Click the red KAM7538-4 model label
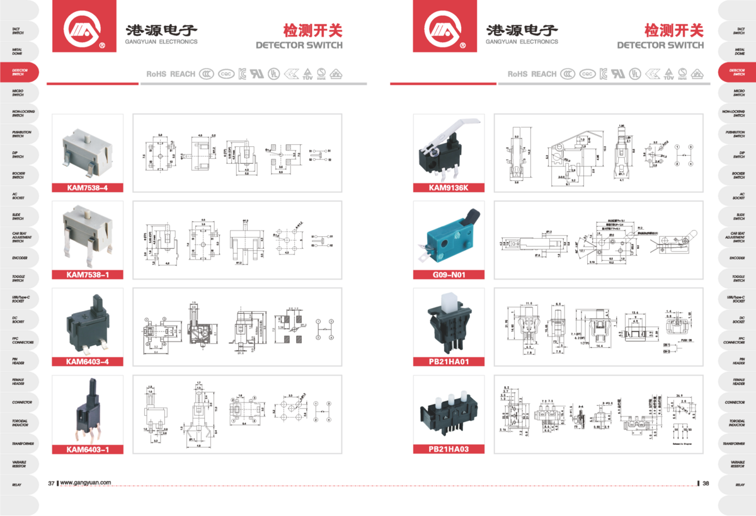88,187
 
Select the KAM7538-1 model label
88,274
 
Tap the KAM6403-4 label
88,362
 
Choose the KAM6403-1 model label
88,449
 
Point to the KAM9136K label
449,187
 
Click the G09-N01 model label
449,275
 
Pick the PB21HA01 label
449,362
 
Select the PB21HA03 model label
449,449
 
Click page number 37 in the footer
52,483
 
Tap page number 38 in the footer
706,483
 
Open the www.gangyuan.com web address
86,483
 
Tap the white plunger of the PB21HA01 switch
449,304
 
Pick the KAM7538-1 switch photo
88,233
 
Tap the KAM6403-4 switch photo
88,324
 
